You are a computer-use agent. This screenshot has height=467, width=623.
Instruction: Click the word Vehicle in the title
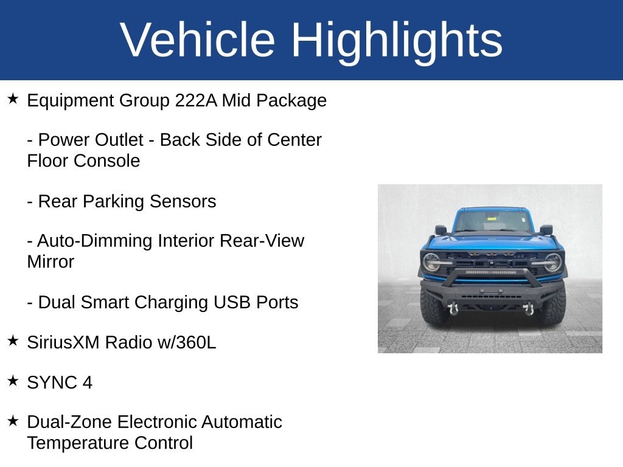[x=198, y=40]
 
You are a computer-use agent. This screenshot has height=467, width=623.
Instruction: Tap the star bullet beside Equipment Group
[x=13, y=99]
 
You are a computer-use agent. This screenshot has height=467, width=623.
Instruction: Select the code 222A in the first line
[x=197, y=100]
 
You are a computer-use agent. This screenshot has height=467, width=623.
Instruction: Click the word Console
[x=106, y=161]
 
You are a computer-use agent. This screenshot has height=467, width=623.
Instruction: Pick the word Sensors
[x=183, y=201]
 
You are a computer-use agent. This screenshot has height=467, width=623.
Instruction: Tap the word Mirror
[x=50, y=261]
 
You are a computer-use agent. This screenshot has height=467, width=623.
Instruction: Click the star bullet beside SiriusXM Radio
[x=13, y=341]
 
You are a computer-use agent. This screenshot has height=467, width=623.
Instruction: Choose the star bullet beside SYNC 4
[x=13, y=381]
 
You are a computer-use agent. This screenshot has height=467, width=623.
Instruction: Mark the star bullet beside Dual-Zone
[x=13, y=421]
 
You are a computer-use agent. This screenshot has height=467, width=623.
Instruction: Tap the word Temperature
[x=78, y=443]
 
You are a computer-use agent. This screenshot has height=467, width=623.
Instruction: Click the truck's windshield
[x=493, y=221]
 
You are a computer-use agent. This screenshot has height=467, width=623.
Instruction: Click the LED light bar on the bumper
[x=491, y=272]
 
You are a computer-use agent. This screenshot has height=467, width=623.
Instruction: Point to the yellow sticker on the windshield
[x=492, y=219]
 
